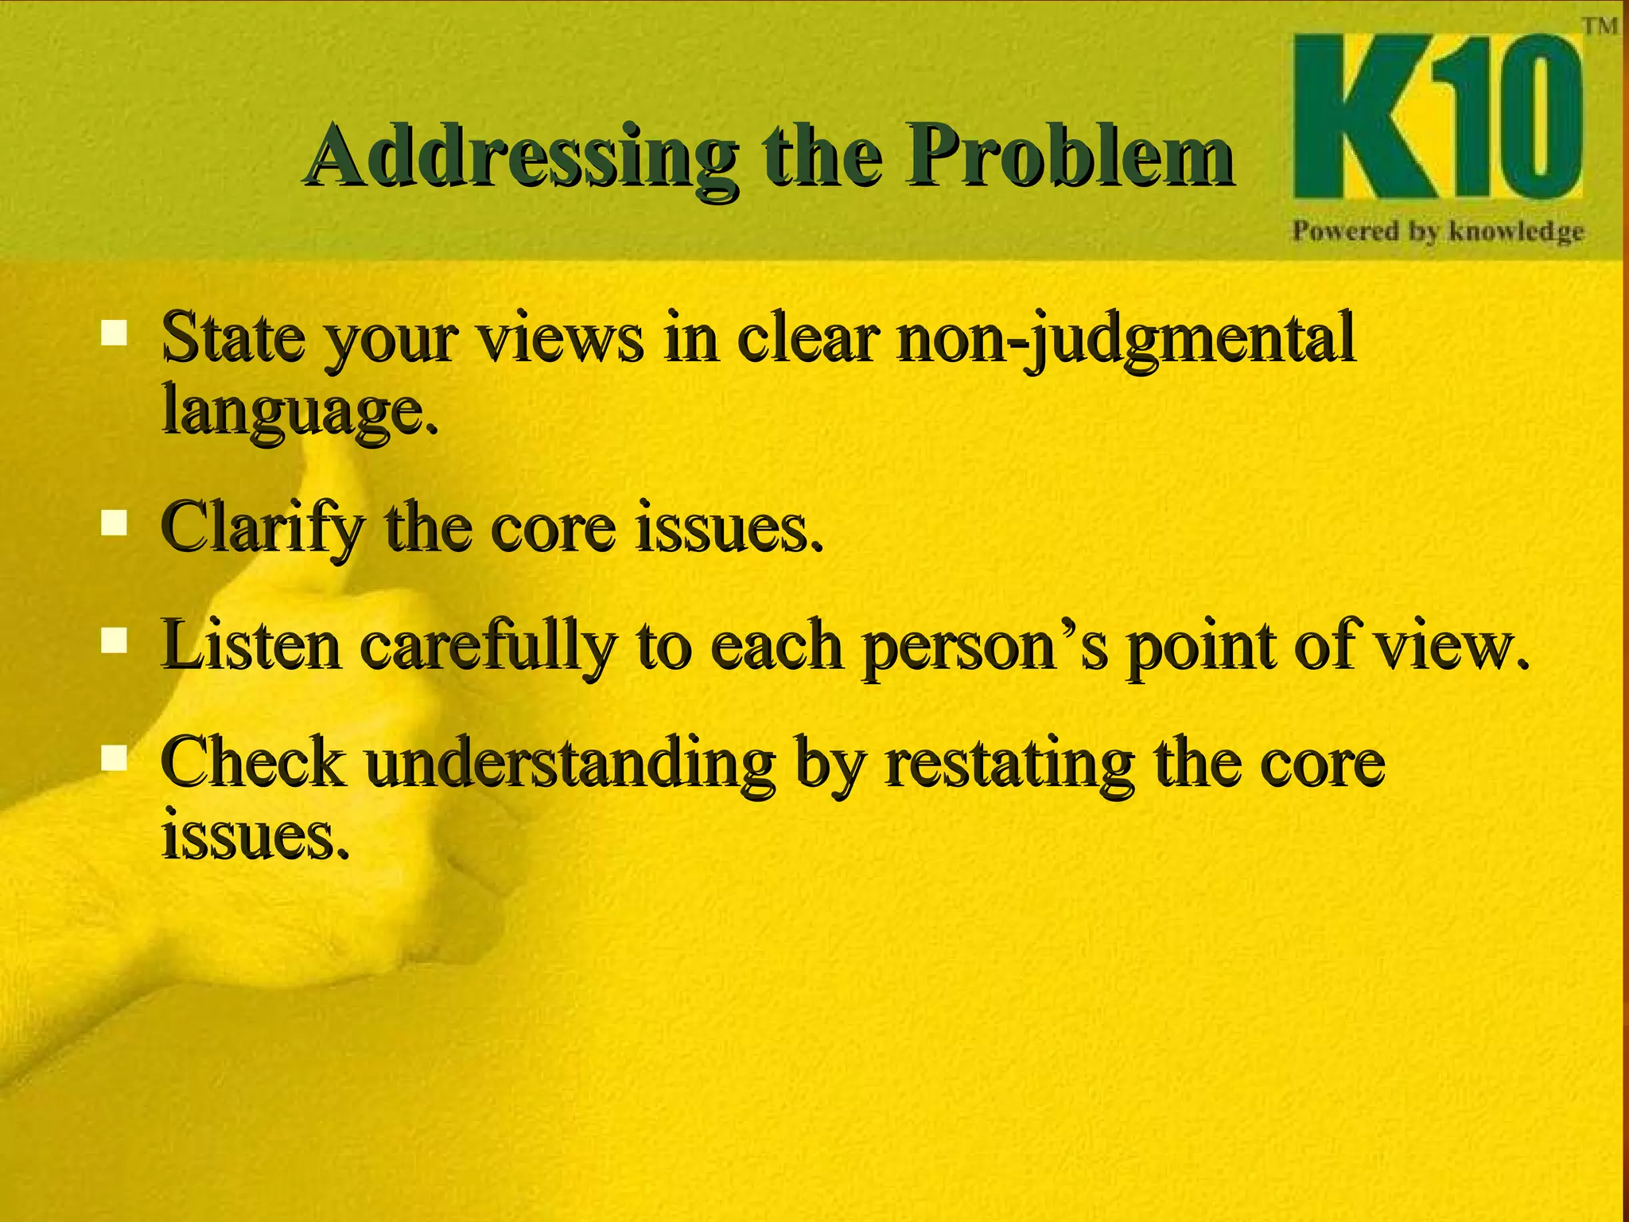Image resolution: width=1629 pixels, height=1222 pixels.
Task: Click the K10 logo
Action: (1437, 116)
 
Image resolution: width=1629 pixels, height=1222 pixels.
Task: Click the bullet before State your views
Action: (115, 332)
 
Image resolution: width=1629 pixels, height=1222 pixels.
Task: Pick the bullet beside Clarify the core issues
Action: (115, 523)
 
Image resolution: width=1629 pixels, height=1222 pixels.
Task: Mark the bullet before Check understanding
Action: (115, 758)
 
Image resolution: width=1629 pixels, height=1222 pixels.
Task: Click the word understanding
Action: (570, 762)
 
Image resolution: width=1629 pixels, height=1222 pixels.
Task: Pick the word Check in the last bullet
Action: (253, 761)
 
